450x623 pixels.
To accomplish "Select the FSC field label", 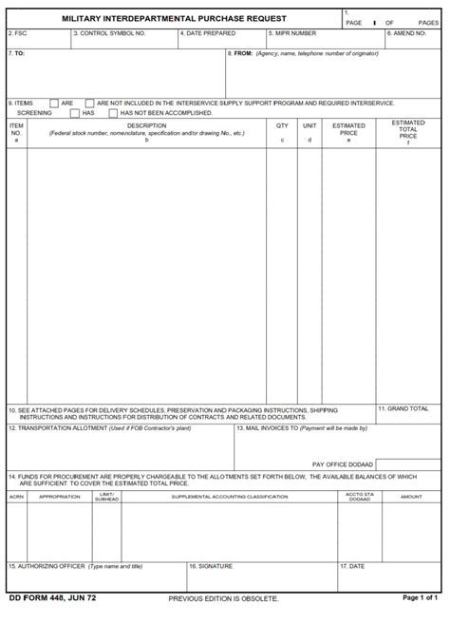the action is [x=18, y=33].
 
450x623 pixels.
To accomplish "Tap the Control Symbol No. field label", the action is [x=109, y=33].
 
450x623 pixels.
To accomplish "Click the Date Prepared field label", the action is [x=209, y=33].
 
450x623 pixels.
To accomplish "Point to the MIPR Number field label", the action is [x=293, y=33].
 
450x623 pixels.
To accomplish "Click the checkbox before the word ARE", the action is [x=54, y=103].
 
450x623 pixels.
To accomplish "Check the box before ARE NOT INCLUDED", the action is [x=89, y=103].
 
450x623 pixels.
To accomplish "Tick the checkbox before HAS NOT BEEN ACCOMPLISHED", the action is [x=113, y=112].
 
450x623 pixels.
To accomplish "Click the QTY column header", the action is [x=282, y=125].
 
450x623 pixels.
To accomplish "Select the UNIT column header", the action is [x=309, y=125].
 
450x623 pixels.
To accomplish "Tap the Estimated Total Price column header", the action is [x=408, y=130].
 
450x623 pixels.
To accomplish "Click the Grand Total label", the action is [x=407, y=408].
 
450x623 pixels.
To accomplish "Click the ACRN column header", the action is [x=17, y=497].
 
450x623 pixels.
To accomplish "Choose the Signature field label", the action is [x=212, y=566].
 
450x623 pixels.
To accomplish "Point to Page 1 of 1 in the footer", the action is [x=420, y=598].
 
